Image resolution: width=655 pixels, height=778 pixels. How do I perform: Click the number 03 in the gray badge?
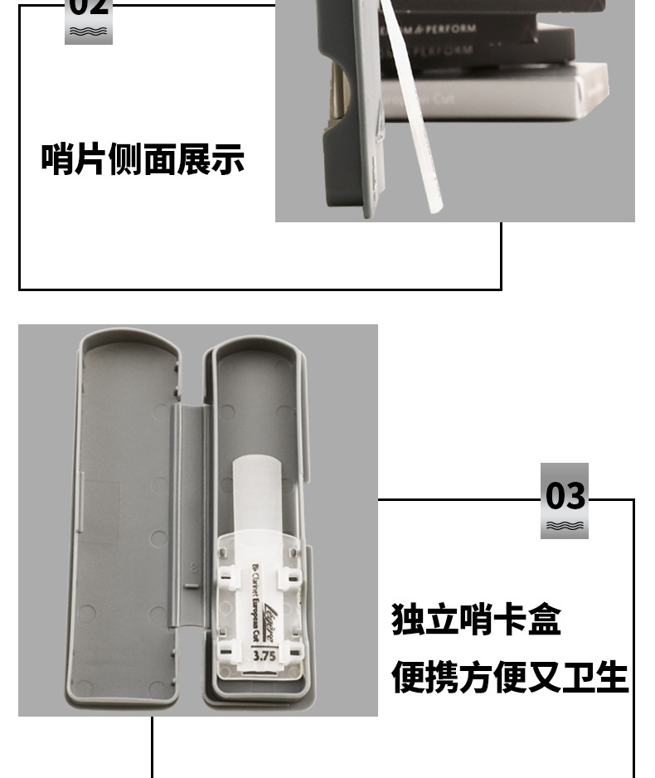pos(565,496)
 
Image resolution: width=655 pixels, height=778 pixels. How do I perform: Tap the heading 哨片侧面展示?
pos(143,158)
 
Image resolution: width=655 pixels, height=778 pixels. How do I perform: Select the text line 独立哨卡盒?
pos(476,620)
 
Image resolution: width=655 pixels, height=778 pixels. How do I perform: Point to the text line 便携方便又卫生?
pos(509,677)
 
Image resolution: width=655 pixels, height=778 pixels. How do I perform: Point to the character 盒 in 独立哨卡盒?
pos(544,620)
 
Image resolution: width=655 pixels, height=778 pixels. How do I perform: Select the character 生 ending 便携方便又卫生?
pos(611,677)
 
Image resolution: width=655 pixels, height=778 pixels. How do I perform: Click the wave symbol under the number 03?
pos(565,526)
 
